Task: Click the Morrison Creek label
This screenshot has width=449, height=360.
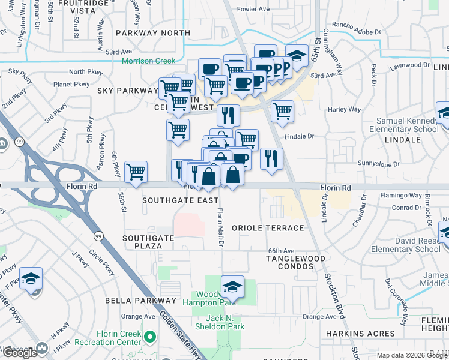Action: tap(148, 61)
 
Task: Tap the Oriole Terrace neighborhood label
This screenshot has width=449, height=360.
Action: tap(268, 228)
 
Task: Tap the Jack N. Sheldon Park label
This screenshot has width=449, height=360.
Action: tap(219, 322)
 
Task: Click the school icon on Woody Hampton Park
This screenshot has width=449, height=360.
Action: tap(232, 286)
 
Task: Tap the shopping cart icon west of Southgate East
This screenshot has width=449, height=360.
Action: tap(136, 172)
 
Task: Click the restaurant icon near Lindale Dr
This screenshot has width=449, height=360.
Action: tap(271, 158)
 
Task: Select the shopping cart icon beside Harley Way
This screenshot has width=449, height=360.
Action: tap(282, 110)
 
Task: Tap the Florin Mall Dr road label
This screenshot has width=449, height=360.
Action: tap(220, 227)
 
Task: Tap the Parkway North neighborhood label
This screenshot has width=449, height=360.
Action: tap(152, 33)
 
